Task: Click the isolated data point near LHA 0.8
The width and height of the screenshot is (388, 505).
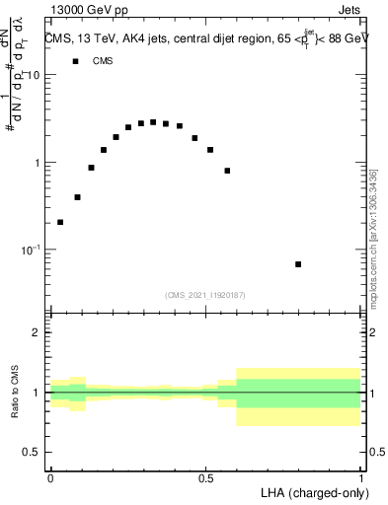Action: [x=298, y=264]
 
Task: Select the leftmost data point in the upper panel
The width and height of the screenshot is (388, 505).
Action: [x=60, y=222]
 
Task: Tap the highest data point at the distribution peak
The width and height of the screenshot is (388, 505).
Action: [x=153, y=122]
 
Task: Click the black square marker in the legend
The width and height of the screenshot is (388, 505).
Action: [x=75, y=61]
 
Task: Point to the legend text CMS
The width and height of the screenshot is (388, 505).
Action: [x=103, y=61]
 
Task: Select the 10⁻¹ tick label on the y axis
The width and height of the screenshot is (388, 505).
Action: [x=31, y=250]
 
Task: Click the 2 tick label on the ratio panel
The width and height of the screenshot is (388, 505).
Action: [x=37, y=333]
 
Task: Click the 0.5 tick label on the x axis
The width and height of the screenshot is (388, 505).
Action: [x=206, y=477]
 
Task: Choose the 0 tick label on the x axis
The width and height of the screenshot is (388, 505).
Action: [x=50, y=477]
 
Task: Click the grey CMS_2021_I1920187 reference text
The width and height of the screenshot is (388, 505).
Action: [x=204, y=294]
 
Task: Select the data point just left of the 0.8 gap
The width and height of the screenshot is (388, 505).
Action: [x=227, y=171]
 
